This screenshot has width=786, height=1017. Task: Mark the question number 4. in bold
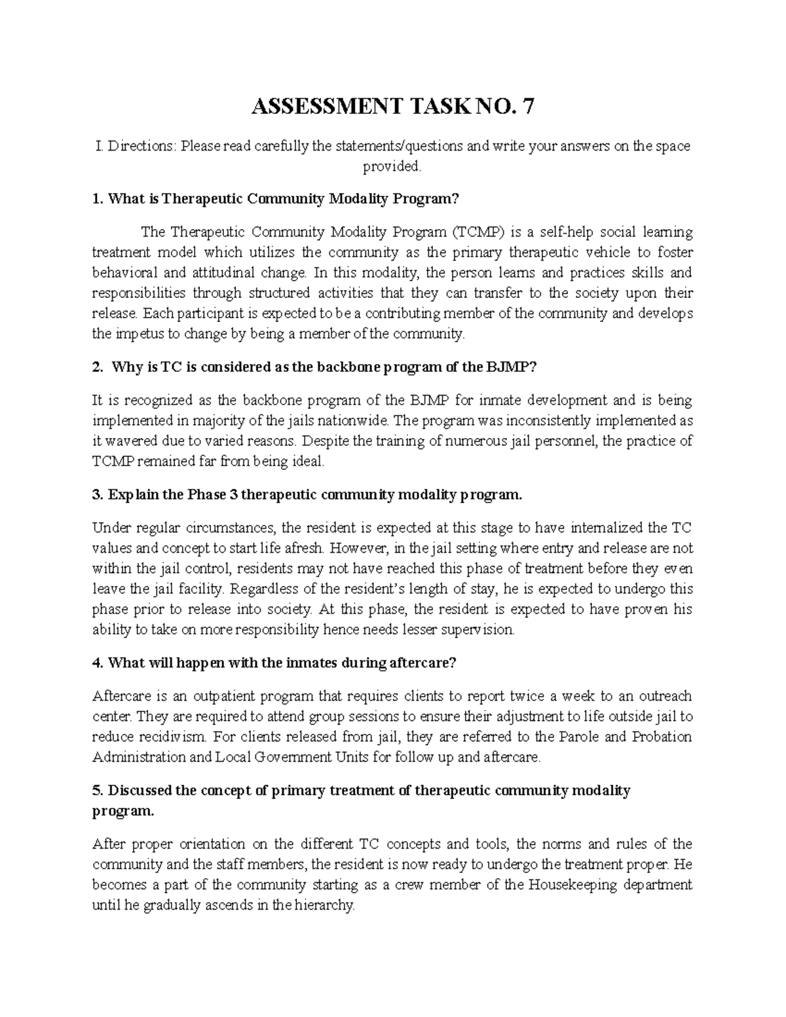point(98,663)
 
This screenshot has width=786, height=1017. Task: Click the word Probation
point(662,737)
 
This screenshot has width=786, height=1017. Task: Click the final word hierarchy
point(324,906)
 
